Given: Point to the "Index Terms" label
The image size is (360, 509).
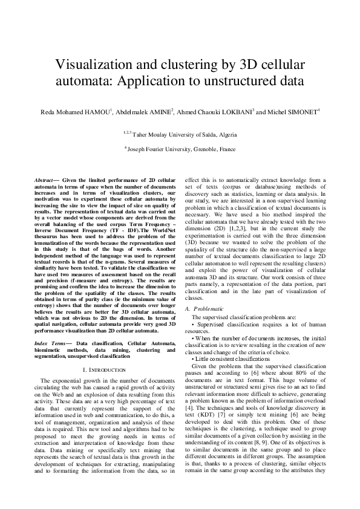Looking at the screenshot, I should [48, 343].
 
